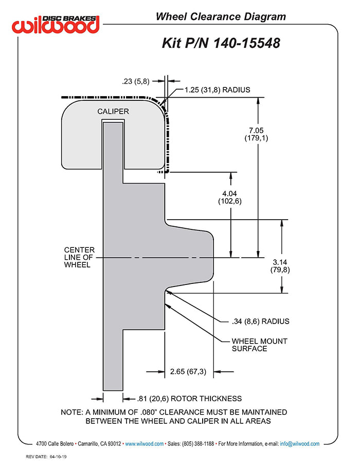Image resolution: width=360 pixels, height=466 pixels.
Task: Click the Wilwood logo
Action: (56, 24)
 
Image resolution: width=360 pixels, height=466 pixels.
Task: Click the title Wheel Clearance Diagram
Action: (221, 17)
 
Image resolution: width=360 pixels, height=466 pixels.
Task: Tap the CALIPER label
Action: (113, 111)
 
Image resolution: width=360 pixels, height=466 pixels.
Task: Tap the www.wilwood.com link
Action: (145, 443)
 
